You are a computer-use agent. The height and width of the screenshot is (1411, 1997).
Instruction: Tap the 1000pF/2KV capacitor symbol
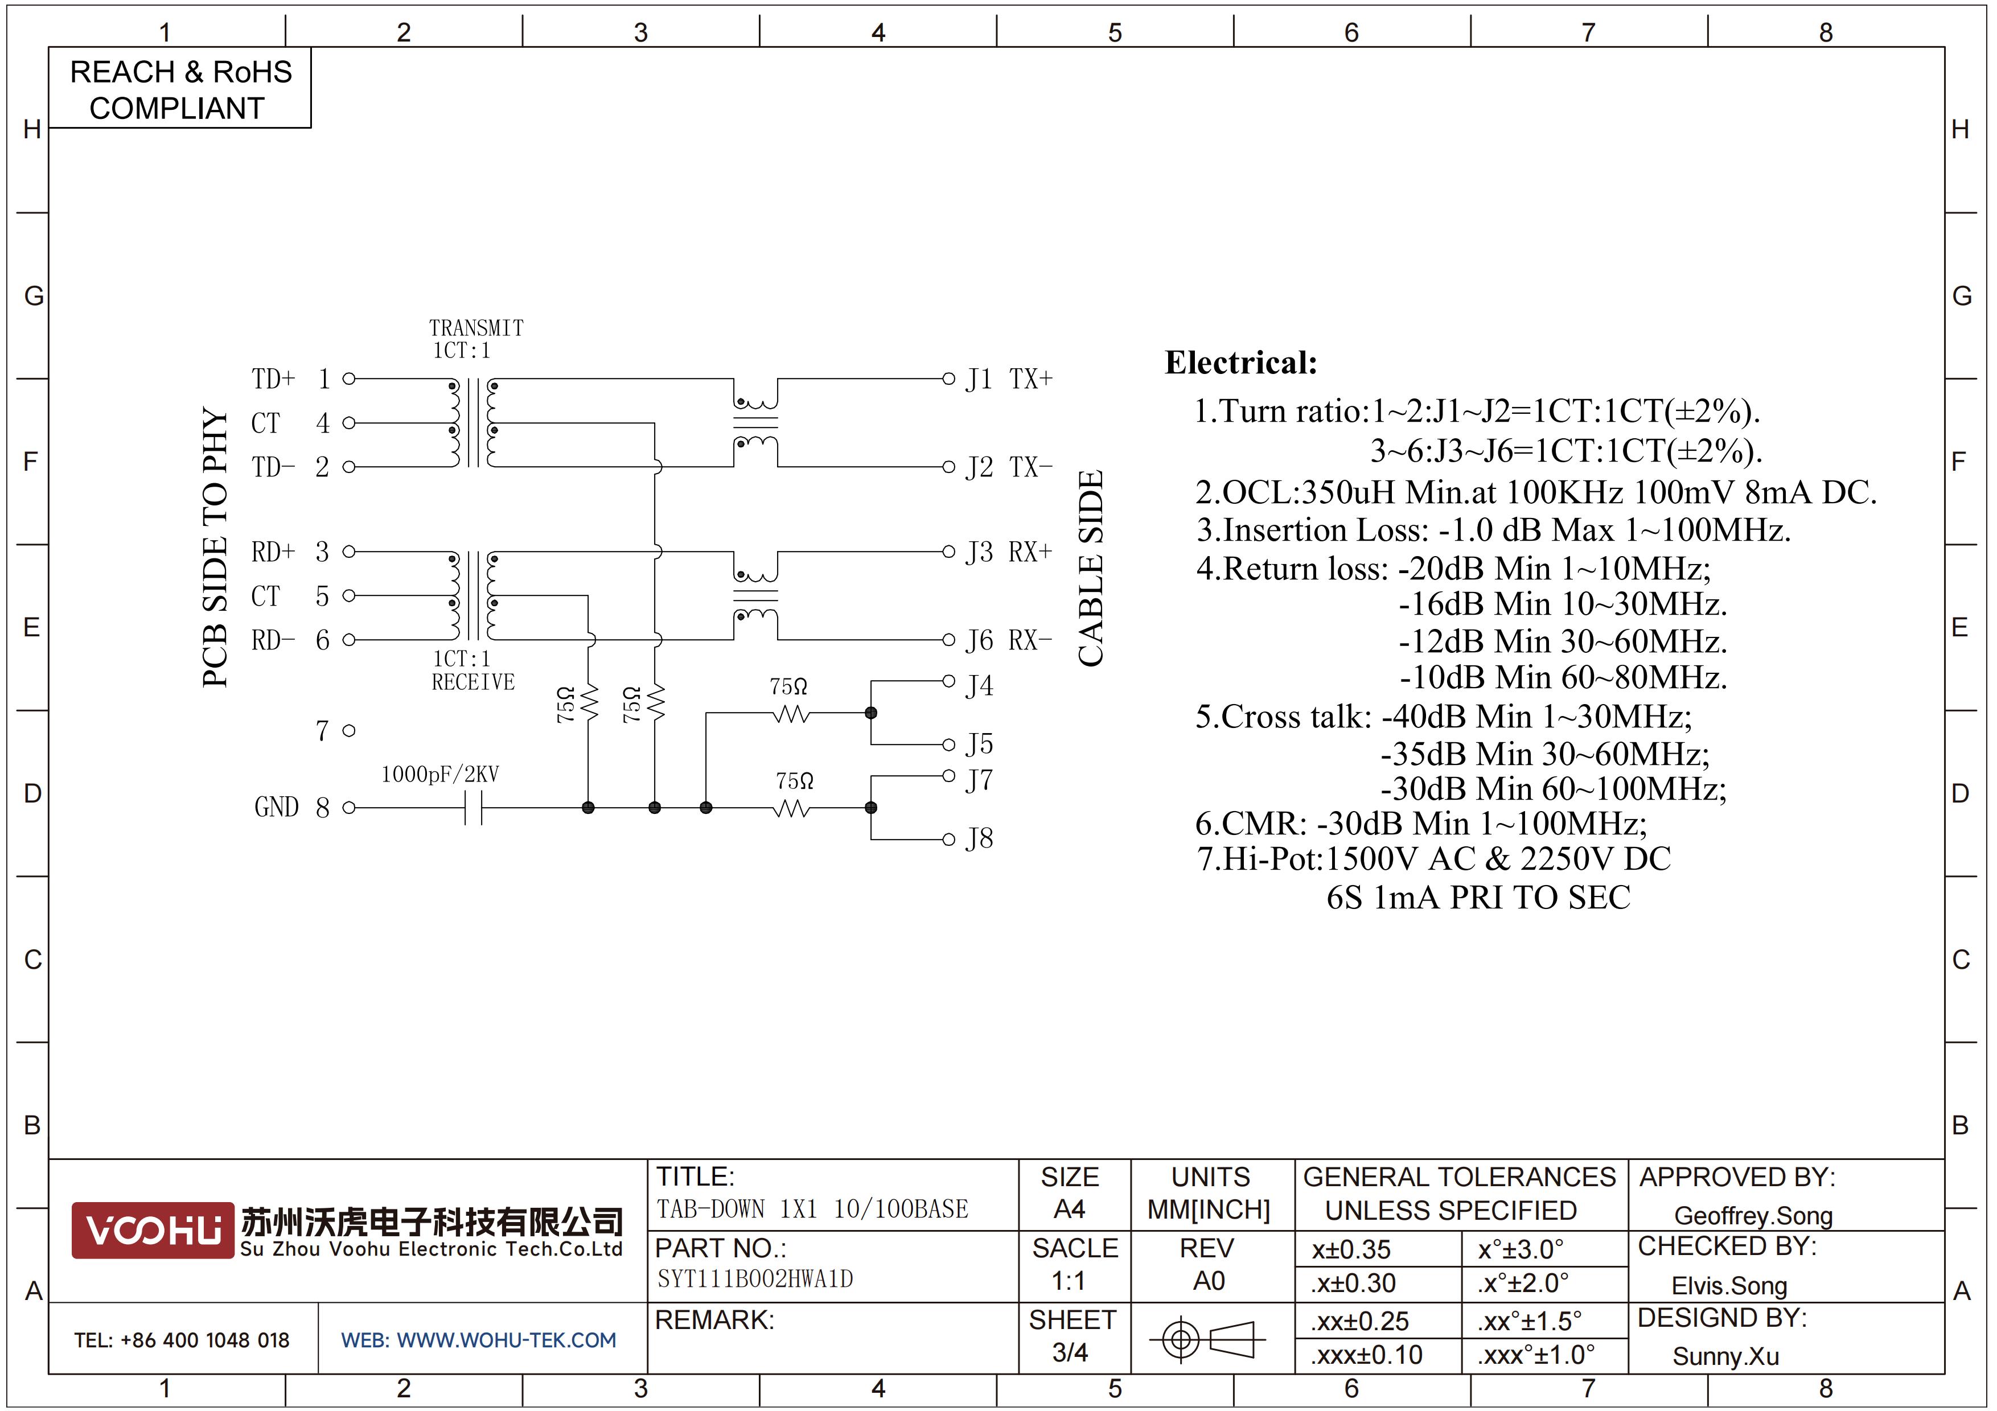(473, 808)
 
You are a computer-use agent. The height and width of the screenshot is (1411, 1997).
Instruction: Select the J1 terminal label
(979, 380)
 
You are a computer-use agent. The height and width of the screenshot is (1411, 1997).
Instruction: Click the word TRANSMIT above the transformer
(476, 328)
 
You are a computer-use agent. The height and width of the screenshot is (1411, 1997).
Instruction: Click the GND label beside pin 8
(277, 808)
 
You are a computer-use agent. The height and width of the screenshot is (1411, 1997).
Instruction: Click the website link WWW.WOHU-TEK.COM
(506, 1340)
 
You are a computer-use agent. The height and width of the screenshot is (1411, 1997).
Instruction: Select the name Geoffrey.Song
(1753, 1215)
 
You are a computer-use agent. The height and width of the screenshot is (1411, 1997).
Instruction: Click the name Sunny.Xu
(1725, 1356)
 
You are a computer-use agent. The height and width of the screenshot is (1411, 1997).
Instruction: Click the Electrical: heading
(1241, 363)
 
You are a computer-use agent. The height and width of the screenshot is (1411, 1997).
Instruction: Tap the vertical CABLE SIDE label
(1091, 569)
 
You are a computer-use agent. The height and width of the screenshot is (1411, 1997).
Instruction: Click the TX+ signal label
(1031, 379)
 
